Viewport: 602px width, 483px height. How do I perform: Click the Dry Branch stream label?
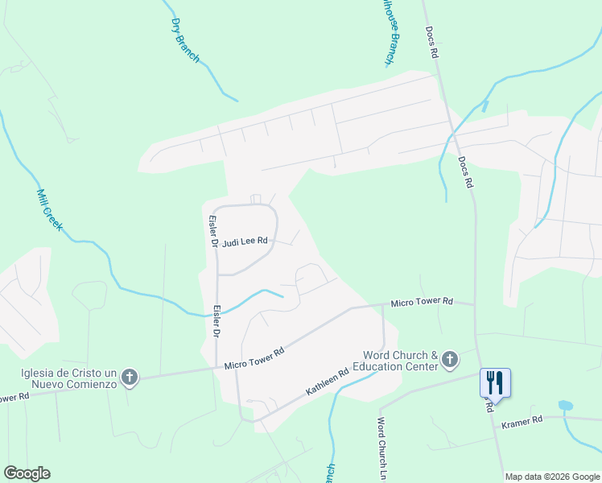186,39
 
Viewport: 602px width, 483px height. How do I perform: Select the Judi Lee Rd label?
244,241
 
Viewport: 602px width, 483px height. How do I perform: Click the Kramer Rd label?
522,422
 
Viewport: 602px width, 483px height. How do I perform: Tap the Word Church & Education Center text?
400,361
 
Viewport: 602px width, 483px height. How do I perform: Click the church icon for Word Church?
450,360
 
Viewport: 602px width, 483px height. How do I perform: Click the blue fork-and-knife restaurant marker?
494,382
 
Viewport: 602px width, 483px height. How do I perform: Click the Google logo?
27,473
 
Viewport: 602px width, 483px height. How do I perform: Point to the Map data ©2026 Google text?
552,477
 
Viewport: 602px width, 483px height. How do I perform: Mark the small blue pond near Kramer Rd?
565,405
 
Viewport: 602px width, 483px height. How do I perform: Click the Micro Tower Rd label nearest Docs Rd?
421,303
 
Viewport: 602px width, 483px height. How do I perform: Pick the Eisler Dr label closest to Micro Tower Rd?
217,320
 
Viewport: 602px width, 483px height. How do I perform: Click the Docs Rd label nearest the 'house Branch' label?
433,39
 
